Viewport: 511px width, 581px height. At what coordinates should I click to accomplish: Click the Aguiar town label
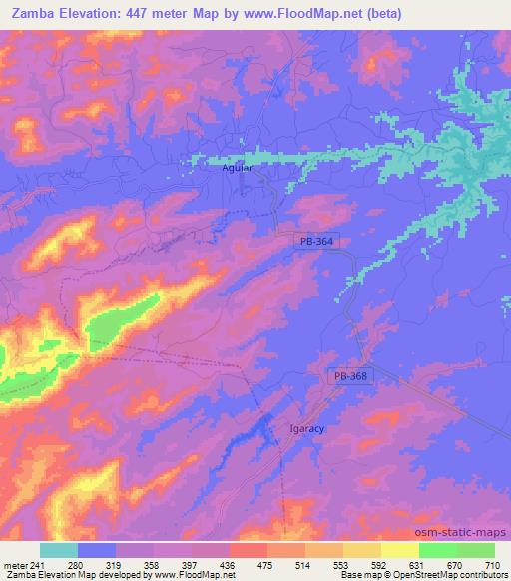pos(236,169)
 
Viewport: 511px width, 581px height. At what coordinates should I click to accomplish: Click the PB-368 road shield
pos(349,375)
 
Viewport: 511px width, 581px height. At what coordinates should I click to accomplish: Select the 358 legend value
pos(154,564)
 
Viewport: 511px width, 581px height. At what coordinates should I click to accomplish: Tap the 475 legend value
pos(266,564)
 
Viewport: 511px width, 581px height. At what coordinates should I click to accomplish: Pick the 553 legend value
pos(342,564)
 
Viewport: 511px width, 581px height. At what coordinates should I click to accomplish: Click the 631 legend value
pos(418,564)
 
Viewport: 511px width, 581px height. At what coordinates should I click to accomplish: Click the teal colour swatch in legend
pos(59,550)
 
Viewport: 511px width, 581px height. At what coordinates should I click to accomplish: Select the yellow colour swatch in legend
pos(399,550)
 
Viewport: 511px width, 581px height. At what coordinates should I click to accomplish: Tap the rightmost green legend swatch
pos(475,550)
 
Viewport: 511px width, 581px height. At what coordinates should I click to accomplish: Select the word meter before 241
pos(14,564)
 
